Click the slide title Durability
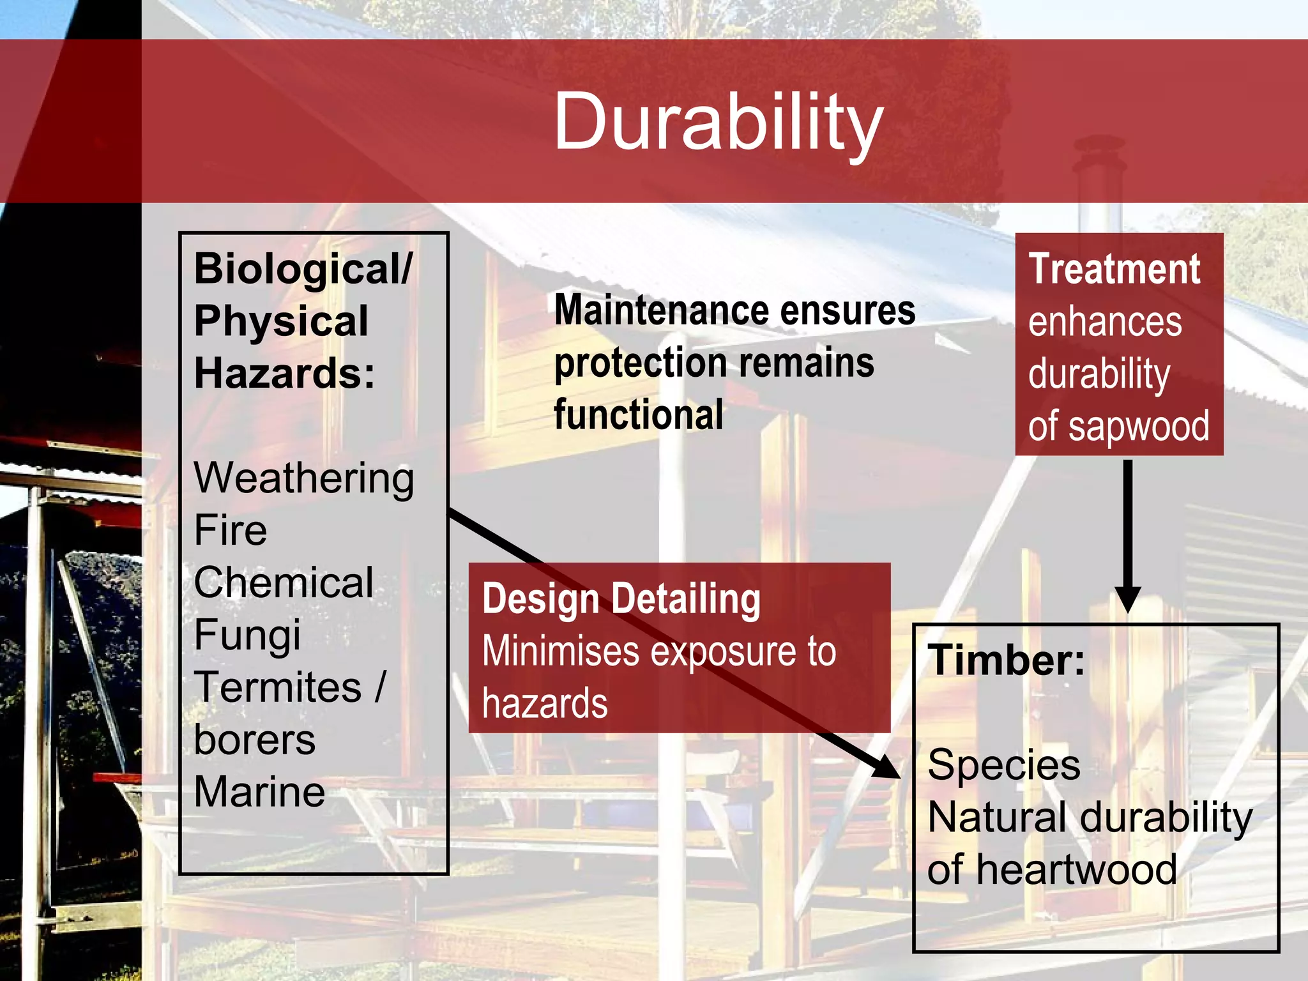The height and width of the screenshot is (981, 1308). point(718,121)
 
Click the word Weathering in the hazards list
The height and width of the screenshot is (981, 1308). point(304,478)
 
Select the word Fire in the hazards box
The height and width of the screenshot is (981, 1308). point(230,530)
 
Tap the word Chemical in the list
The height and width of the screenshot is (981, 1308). point(283,582)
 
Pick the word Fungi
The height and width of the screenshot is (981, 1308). point(247,635)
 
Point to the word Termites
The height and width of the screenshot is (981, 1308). point(278,688)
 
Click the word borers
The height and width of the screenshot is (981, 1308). point(254,740)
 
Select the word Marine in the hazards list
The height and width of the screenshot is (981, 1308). point(259,792)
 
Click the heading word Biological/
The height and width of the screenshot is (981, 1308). point(303,269)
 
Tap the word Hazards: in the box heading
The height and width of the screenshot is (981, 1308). point(284,374)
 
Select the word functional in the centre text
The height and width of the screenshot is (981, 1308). point(638,415)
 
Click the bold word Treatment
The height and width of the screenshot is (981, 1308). point(1114,269)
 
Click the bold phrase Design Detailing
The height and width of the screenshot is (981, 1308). point(621,599)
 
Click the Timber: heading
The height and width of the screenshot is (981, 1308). point(1006,660)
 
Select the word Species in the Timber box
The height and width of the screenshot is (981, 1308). point(1003,765)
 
